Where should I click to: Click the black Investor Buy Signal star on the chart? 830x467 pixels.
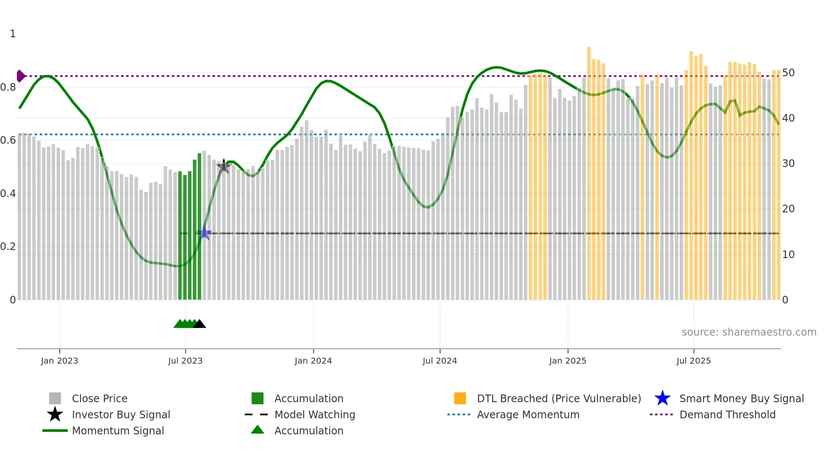[x=224, y=167]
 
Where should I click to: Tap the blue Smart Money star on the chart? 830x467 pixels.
[x=205, y=233]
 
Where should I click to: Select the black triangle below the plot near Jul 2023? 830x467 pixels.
[x=199, y=324]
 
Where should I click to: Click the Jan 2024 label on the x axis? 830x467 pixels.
[x=313, y=361]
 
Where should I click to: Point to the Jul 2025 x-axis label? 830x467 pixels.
[x=693, y=361]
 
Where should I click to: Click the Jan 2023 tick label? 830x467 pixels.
[x=59, y=361]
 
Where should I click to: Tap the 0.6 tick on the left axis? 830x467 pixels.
[x=8, y=140]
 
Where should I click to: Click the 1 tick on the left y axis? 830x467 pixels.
[x=13, y=34]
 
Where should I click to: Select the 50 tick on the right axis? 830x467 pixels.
[x=788, y=73]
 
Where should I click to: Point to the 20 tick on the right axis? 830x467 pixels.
[x=788, y=209]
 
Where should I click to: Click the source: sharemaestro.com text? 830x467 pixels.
[x=749, y=332]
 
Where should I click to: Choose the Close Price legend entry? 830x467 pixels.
[x=100, y=399]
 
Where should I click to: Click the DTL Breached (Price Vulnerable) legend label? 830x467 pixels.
[x=559, y=399]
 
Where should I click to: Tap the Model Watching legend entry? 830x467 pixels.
[x=314, y=415]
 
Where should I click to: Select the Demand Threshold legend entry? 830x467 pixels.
[x=727, y=415]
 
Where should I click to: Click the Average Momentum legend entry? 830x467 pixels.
[x=528, y=415]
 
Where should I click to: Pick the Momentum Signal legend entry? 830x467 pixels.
[x=118, y=431]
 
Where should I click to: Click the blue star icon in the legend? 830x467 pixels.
[x=662, y=398]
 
